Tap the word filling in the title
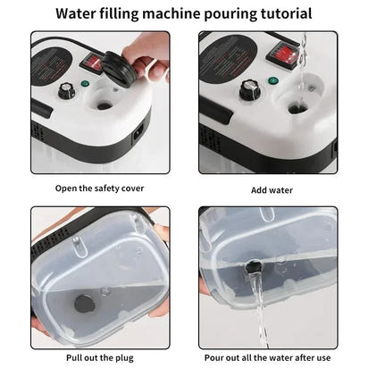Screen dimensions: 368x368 pyautogui.click(x=130, y=13)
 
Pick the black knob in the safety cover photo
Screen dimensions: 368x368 pyautogui.click(x=67, y=90)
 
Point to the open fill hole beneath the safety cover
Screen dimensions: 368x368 pyautogui.click(x=105, y=105)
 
